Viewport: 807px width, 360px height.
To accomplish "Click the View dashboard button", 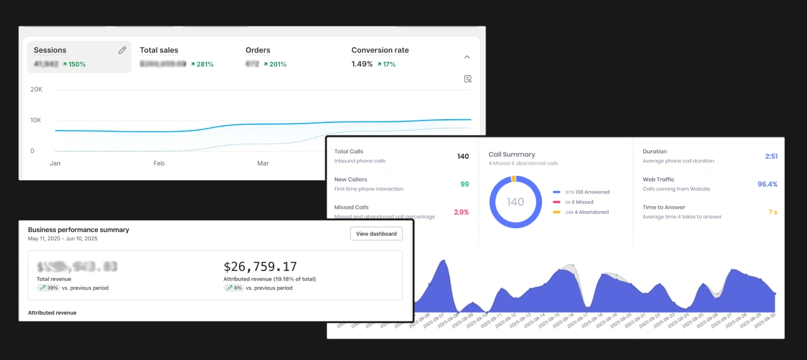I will tap(376, 234).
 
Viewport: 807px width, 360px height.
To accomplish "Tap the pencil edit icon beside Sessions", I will tap(122, 50).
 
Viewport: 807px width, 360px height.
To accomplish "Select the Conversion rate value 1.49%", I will tap(362, 64).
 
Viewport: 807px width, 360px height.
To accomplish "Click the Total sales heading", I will tap(159, 50).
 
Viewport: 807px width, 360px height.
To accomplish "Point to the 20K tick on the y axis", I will tap(36, 90).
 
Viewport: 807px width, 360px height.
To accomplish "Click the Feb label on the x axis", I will tap(159, 163).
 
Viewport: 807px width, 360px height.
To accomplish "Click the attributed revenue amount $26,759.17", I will tap(260, 267).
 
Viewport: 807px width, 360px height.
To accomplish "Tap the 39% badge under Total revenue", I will tap(49, 288).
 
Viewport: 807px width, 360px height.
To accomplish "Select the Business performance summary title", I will tap(78, 230).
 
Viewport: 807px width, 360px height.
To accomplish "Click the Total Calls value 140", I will tap(463, 156).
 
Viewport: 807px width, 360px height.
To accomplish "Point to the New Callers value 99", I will tap(465, 184).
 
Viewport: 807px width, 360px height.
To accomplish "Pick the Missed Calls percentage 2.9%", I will tap(462, 212).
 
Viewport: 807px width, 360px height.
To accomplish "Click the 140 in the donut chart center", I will tap(516, 202).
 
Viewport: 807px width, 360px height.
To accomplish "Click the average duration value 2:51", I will tap(770, 156).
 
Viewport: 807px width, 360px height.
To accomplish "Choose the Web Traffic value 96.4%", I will tap(767, 184).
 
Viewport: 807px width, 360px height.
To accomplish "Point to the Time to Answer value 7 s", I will tap(772, 212).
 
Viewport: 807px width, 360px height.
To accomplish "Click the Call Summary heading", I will tap(512, 154).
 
